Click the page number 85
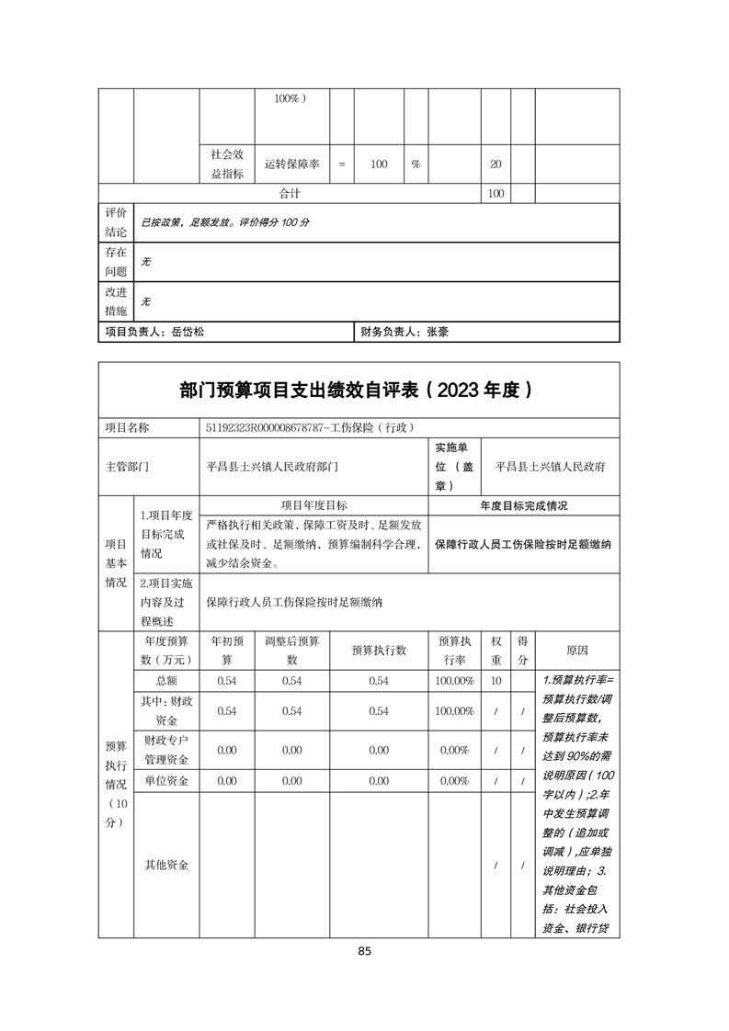tap(364, 951)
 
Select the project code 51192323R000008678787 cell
tap(313, 427)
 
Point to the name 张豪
tap(437, 333)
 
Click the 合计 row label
tap(290, 194)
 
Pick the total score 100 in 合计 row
tap(495, 194)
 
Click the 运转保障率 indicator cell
tap(291, 164)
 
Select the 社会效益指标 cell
tap(227, 164)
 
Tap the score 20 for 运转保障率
tap(495, 164)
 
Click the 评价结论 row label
tap(116, 222)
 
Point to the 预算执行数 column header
tap(379, 651)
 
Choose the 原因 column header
tap(577, 651)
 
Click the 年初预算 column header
tap(227, 651)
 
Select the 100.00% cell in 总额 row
tap(455, 681)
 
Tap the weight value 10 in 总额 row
tap(496, 681)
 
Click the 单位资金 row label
tap(166, 781)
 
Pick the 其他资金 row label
tap(166, 865)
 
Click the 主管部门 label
tap(128, 467)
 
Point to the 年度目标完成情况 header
tap(524, 506)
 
